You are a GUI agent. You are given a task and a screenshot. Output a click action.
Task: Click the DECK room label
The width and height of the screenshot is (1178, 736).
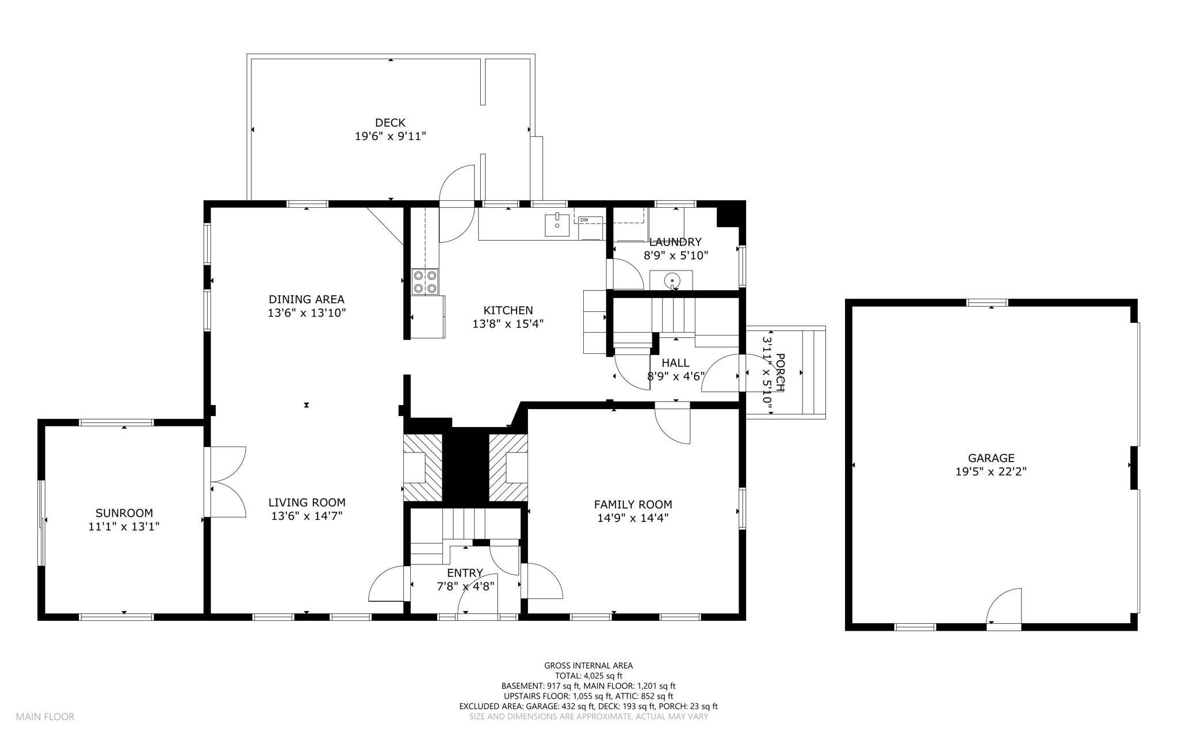coord(390,123)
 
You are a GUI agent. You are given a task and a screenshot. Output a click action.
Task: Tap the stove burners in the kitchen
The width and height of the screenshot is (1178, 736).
coord(424,282)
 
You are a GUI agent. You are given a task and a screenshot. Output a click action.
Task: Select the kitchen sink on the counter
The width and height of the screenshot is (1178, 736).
coord(557,224)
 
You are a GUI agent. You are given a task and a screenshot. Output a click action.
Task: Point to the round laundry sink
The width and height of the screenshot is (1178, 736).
coord(671,281)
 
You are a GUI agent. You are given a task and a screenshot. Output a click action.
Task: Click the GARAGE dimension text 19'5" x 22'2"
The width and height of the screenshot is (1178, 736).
coord(990,472)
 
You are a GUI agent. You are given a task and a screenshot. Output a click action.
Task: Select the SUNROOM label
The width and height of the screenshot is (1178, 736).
coord(124,513)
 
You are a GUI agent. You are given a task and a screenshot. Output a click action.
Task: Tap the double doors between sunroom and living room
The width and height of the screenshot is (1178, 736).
coord(225,482)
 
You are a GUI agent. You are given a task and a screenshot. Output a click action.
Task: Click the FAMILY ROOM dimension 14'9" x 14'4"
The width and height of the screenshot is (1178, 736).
coord(633,518)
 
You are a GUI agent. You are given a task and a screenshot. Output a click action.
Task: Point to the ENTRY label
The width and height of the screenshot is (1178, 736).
coord(465,573)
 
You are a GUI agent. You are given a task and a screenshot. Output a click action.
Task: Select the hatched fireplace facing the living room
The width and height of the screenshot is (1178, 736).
coord(423,468)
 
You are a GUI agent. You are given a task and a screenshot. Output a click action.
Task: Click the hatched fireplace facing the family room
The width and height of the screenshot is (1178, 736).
coord(508,468)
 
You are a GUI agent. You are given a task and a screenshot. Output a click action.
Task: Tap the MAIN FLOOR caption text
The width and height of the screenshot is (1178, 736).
coord(45,717)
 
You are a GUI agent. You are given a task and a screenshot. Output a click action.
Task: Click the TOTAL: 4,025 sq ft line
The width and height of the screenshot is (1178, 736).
coord(588,676)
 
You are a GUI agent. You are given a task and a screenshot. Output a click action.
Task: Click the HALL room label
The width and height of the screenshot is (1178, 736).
coord(675,363)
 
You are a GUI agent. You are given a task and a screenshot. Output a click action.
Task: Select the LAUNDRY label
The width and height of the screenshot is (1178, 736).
coord(675,242)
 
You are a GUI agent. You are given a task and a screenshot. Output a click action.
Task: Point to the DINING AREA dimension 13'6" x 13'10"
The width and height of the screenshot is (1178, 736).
coord(307,314)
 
